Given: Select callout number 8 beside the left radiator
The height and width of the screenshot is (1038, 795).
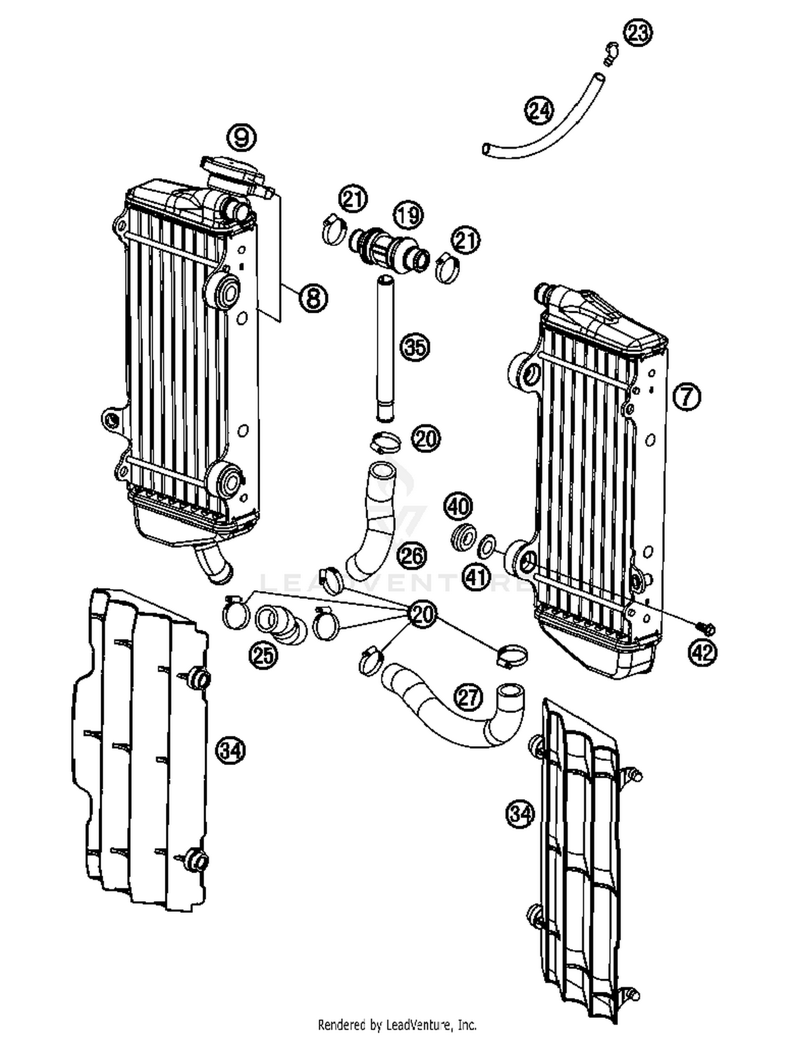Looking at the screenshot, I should coord(313,297).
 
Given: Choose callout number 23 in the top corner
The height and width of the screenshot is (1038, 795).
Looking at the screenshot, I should coord(638,32).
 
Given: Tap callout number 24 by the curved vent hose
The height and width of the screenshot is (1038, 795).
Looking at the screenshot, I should coord(539,111).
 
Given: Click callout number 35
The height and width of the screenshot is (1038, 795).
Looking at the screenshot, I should coord(415,347).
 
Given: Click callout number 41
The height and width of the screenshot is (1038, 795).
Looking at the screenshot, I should coord(476,576).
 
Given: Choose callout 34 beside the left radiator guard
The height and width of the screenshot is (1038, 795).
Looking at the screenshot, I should coord(231,750).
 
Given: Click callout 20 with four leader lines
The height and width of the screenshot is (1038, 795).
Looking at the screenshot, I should coord(422,613).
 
